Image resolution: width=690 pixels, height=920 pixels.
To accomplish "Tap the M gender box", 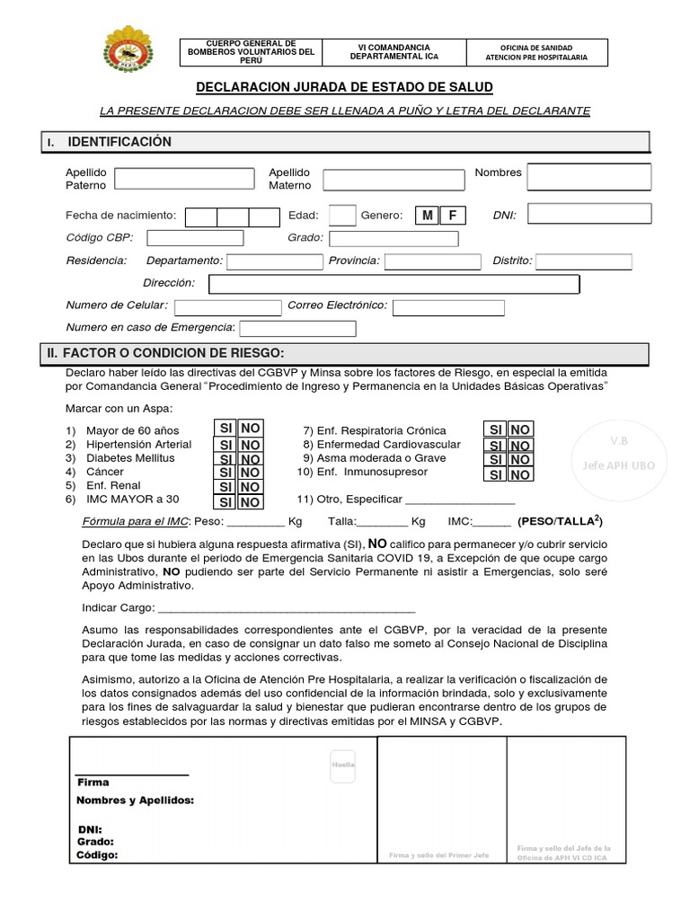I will coord(427,216).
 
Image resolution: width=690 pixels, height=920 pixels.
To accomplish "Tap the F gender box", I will coord(453,216).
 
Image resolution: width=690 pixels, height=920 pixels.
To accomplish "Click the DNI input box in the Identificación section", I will coord(588,214).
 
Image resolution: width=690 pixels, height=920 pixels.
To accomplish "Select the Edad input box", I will coord(341,216).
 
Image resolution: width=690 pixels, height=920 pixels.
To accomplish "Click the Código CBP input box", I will coord(195,238).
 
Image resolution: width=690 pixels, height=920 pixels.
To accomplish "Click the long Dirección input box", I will coord(394,284).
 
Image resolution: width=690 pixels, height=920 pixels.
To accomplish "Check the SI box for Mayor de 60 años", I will coord(225,429).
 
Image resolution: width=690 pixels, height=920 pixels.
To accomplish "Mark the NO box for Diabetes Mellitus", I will coord(251,459).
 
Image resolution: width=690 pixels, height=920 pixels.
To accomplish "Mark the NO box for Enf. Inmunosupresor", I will coord(521,474).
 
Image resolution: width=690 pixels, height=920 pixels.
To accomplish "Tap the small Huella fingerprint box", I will coord(342,765).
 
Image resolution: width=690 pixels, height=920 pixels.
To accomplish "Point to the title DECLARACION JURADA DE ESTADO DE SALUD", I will coord(345,87).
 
